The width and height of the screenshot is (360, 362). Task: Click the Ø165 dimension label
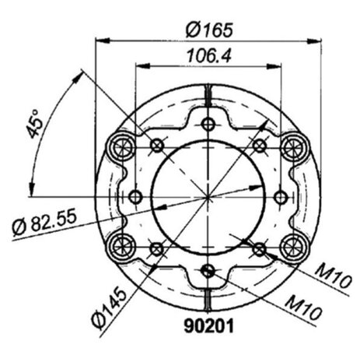point(209,30)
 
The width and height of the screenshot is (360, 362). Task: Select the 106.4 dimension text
point(209,55)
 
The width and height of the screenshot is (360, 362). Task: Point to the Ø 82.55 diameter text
point(45,221)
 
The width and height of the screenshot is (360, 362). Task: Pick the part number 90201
point(209,325)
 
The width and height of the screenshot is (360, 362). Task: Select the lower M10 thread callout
point(302,308)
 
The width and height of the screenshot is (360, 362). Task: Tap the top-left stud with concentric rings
point(121,148)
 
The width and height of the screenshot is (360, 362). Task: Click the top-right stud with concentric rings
point(295,148)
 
